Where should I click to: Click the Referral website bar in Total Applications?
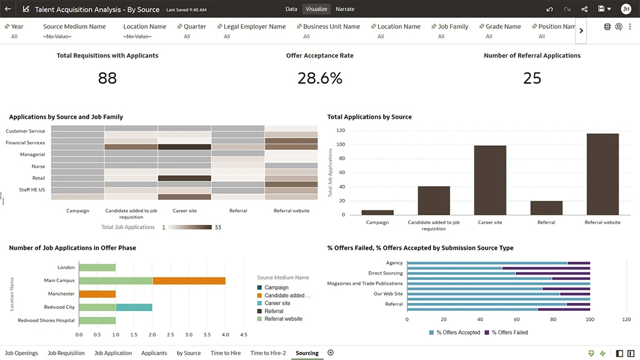[x=602, y=174]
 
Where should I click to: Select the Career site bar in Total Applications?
[x=490, y=180]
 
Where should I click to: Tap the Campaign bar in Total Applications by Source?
[x=378, y=212]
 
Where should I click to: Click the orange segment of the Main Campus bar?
[x=189, y=281]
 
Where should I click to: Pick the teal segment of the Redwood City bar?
[x=134, y=307]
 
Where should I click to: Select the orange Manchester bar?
[x=97, y=294]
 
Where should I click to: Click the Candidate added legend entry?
[x=287, y=296]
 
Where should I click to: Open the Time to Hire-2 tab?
[x=268, y=353]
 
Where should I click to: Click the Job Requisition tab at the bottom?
[x=66, y=353]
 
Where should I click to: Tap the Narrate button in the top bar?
[x=345, y=9]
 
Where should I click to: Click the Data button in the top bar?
[x=292, y=9]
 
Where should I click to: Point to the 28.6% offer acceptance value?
[x=319, y=78]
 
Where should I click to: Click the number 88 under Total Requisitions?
[x=107, y=78]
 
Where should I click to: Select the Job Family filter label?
[x=453, y=27]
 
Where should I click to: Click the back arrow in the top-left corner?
[x=8, y=9]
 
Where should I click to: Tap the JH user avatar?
[x=625, y=9]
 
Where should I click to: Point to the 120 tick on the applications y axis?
[x=341, y=130]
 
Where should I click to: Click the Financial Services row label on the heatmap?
[x=25, y=142]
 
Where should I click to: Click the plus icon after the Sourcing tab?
[x=330, y=353]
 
